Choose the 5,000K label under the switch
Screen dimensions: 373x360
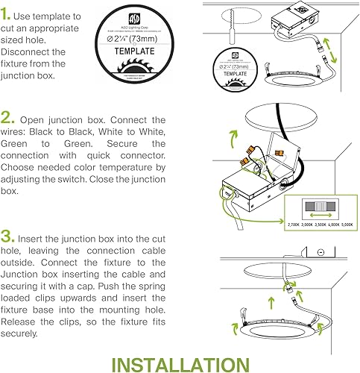pos(344,222)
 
